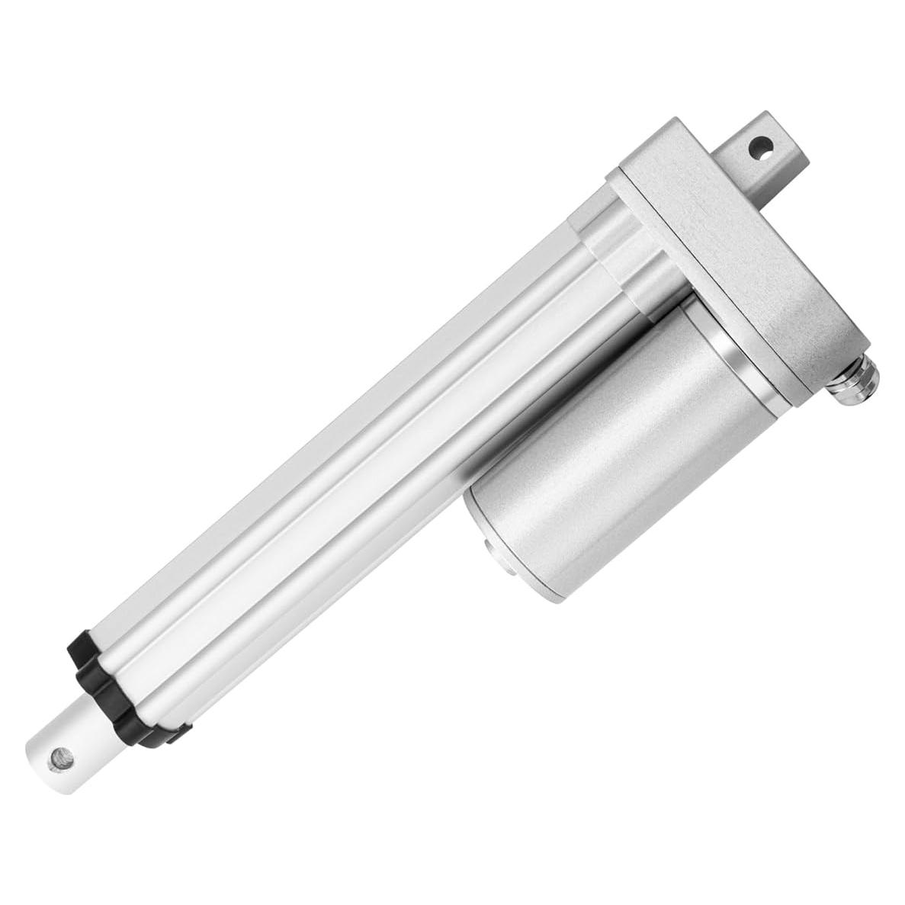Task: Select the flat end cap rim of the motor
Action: click(477, 526)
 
